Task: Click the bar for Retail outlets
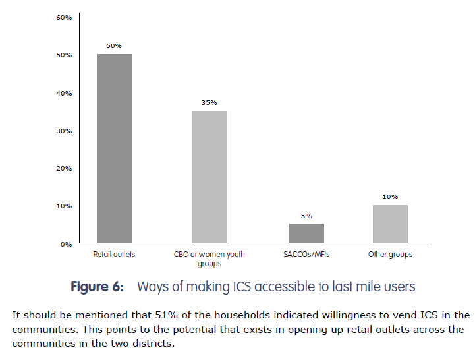(114, 148)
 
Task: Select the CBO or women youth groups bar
(210, 177)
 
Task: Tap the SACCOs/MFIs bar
(306, 233)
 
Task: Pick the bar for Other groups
(390, 224)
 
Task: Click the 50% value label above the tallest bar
(114, 45)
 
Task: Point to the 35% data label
(210, 102)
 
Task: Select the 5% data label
(306, 216)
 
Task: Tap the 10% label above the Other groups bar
(390, 196)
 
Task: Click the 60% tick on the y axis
(63, 17)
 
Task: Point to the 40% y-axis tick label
(63, 93)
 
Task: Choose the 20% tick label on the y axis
(63, 168)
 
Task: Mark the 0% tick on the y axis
(66, 244)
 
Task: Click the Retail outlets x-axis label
(114, 254)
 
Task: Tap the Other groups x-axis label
(390, 254)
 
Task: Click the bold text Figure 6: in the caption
(97, 287)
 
